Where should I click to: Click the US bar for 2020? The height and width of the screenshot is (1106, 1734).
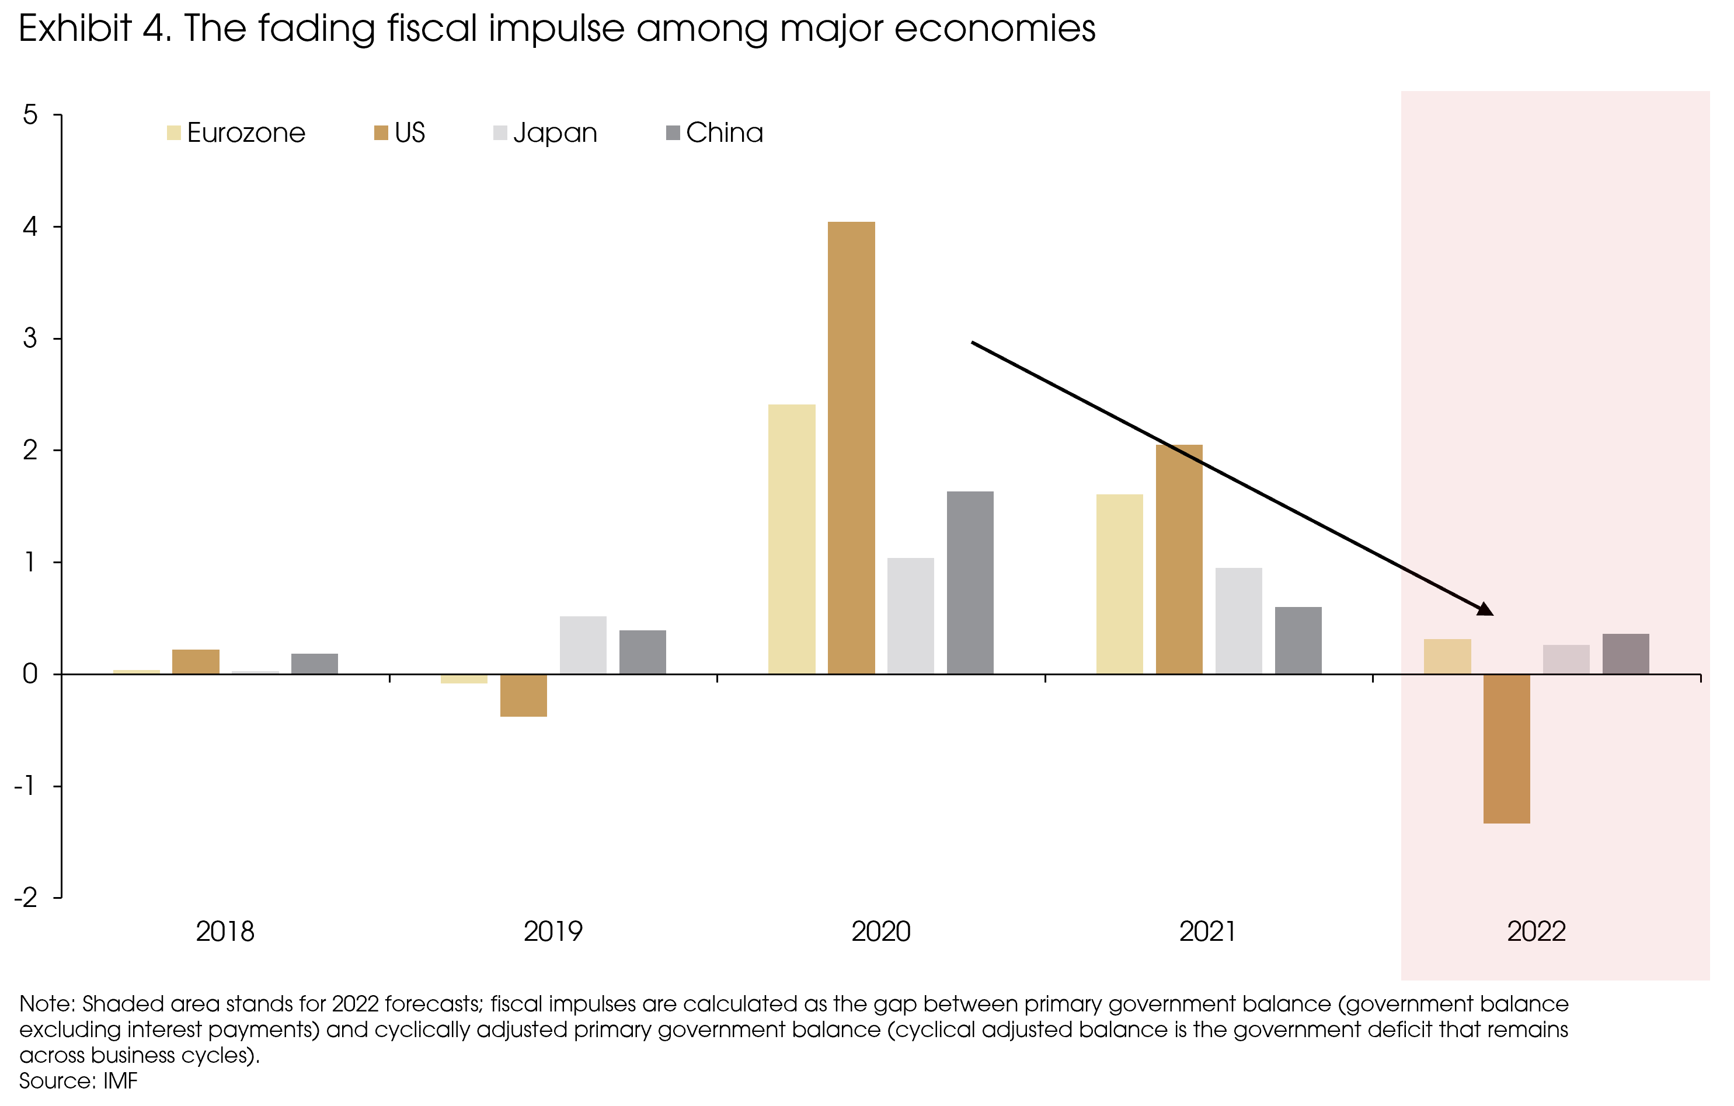[851, 447]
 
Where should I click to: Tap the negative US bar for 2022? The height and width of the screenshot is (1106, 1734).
[1506, 748]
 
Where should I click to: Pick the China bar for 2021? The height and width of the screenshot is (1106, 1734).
[1298, 640]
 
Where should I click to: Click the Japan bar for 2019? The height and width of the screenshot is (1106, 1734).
[583, 644]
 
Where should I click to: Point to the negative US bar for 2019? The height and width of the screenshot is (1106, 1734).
[524, 695]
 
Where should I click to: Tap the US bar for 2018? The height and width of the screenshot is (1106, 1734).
[196, 661]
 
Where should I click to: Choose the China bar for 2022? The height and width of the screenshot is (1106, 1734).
[1625, 653]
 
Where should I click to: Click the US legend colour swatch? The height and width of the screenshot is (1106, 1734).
[381, 133]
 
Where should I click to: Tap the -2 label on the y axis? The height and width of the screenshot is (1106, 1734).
[26, 898]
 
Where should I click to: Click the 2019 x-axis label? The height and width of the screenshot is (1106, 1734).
[552, 931]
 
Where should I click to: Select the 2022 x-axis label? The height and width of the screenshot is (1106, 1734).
[1536, 931]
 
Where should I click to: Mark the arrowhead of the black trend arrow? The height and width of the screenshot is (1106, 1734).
[1485, 610]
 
